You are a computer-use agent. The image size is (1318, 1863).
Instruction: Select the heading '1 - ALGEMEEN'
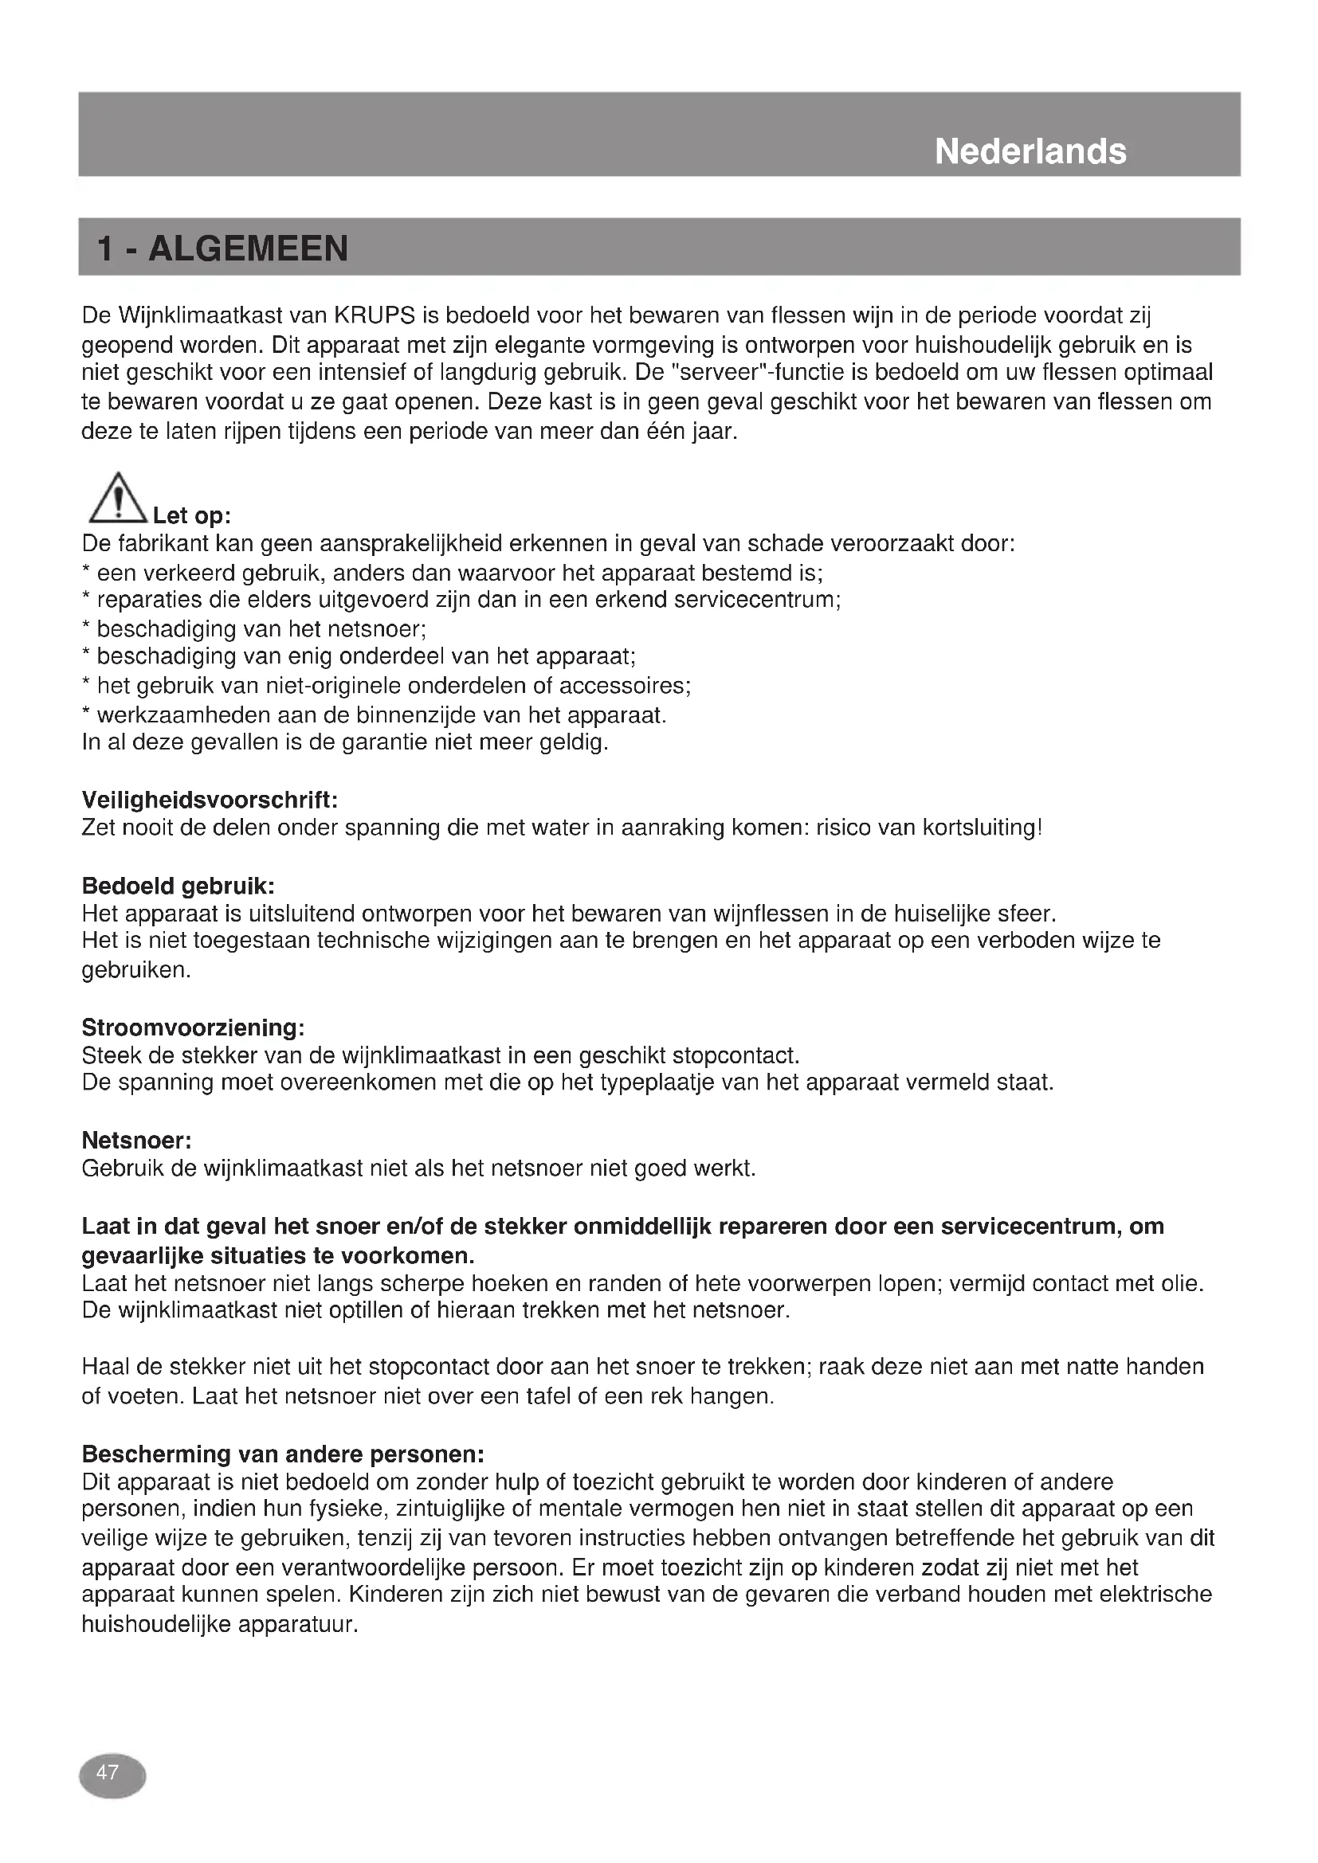click(x=222, y=249)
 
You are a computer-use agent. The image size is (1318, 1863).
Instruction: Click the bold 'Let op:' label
click(x=191, y=515)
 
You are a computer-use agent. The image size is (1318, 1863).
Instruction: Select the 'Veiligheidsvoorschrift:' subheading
click(x=210, y=800)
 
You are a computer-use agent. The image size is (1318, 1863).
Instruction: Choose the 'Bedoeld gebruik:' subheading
click(x=178, y=886)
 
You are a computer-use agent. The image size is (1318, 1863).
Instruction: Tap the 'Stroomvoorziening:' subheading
click(x=193, y=1028)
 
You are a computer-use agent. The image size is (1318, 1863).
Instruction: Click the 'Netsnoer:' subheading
click(x=136, y=1141)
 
